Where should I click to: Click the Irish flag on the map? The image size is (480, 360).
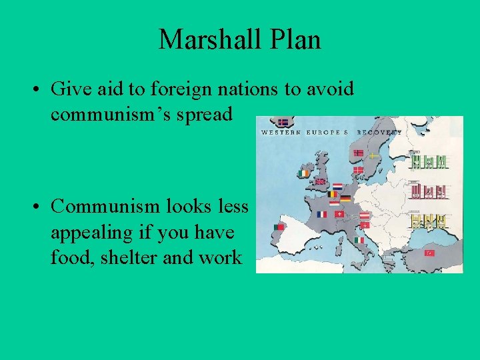pyautogui.click(x=305, y=173)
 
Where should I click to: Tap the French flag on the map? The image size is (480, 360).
pyautogui.click(x=323, y=214)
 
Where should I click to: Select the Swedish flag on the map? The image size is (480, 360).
pyautogui.click(x=373, y=155)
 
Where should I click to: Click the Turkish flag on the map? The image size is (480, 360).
pyautogui.click(x=429, y=253)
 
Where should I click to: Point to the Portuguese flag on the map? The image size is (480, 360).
pyautogui.click(x=279, y=227)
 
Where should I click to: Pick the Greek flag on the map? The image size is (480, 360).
pyautogui.click(x=389, y=257)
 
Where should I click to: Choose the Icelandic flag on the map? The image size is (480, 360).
pyautogui.click(x=283, y=123)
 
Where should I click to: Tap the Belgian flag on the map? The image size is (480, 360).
pyautogui.click(x=333, y=194)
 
